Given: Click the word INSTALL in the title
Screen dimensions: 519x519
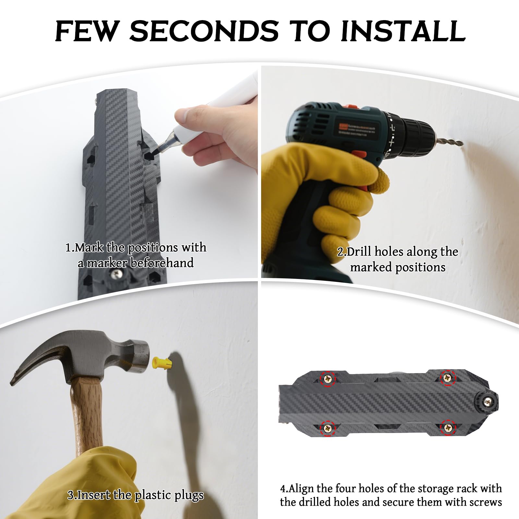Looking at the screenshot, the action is click(x=403, y=31).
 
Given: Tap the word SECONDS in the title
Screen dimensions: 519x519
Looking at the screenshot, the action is click(x=204, y=31).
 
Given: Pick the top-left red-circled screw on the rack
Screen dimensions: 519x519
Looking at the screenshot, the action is click(x=328, y=378).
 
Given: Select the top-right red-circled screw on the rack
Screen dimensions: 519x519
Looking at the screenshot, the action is click(x=447, y=378).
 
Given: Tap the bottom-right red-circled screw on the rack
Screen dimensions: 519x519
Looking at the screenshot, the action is click(x=448, y=428).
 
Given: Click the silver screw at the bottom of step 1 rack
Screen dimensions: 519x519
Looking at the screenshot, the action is click(x=116, y=274).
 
